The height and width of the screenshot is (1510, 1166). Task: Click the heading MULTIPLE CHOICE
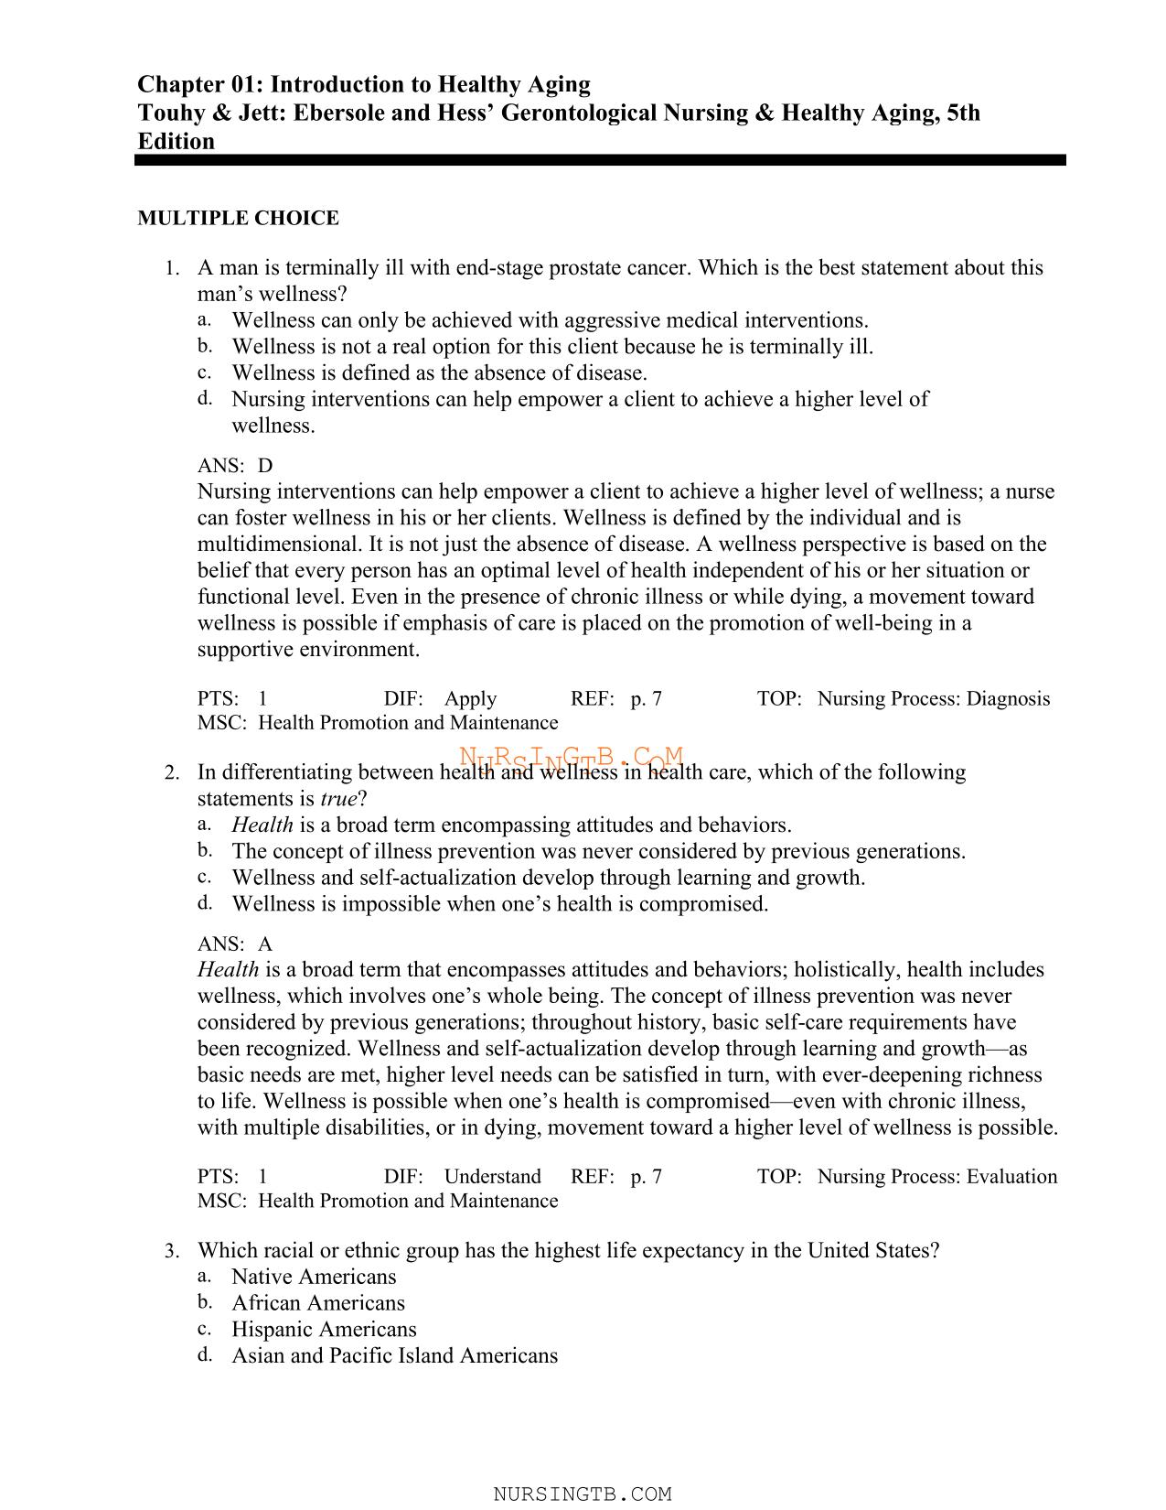click(238, 218)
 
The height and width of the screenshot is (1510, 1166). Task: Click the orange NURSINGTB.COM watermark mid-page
click(572, 760)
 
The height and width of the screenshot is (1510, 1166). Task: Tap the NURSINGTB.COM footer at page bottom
click(583, 1494)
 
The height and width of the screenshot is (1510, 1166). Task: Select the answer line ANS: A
click(235, 944)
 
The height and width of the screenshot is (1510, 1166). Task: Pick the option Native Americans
click(314, 1277)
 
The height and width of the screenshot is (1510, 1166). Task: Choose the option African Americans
click(317, 1303)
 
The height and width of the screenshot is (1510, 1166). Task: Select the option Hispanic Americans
click(324, 1329)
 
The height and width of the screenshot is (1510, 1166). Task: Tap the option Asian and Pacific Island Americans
click(394, 1355)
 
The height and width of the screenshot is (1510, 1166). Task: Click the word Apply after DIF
click(470, 699)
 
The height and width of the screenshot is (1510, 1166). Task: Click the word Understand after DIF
click(492, 1177)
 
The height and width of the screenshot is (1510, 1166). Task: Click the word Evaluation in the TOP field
click(1011, 1177)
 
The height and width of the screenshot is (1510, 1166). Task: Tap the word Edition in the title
click(176, 142)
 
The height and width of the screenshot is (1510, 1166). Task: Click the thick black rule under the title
click(600, 160)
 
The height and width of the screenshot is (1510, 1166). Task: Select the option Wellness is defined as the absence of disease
click(439, 373)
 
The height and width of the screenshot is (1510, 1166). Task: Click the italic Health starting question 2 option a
click(262, 825)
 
